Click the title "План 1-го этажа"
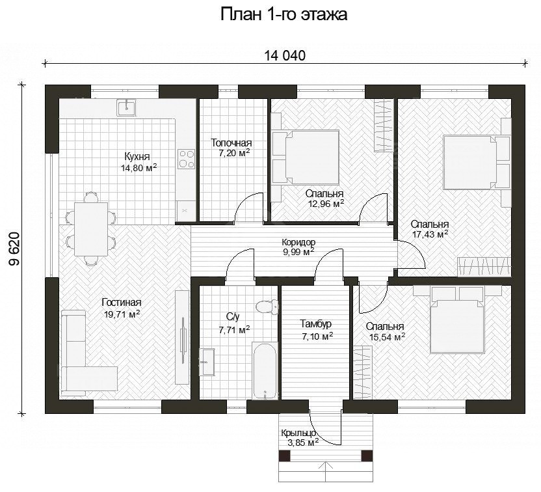point(284,15)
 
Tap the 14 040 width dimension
point(284,55)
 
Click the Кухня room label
point(137,157)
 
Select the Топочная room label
point(231,143)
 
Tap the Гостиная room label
point(121,303)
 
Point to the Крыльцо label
point(298,433)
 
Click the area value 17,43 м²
point(430,233)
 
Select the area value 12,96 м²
point(326,204)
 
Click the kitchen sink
point(126,107)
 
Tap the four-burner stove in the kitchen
point(187,159)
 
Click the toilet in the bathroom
point(265,306)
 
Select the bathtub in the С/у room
point(265,372)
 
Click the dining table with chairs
point(91,228)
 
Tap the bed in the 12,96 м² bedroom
point(306,157)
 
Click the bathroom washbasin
point(207,361)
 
